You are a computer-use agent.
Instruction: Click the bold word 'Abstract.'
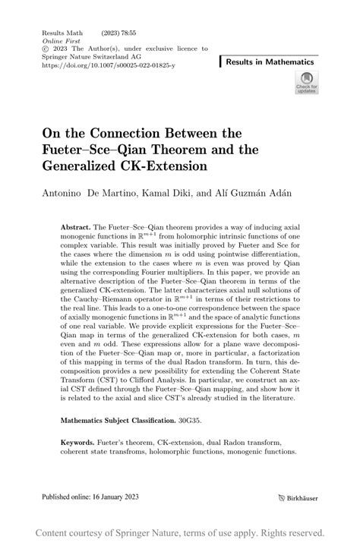[x=74, y=227]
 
